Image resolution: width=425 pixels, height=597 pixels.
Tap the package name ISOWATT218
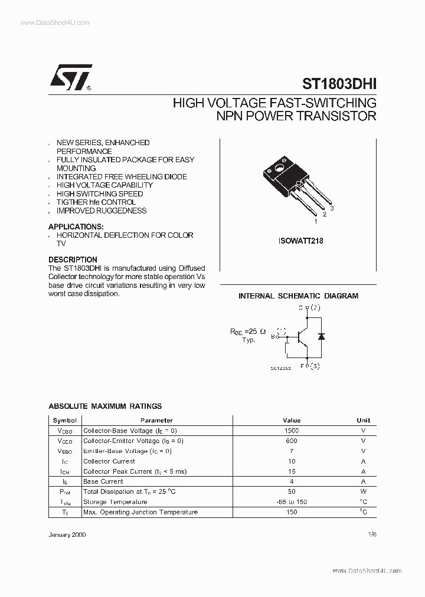pos(300,241)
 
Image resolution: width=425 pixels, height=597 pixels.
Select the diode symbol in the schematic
pos(321,336)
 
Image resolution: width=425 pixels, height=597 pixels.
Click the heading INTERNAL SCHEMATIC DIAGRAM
pos(298,296)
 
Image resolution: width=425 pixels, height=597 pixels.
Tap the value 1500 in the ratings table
pos(292,431)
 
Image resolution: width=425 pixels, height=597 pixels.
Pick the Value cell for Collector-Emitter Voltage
pos(292,441)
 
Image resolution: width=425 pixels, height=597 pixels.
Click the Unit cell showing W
pos(364,491)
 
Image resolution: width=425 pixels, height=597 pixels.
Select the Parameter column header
pos(157,421)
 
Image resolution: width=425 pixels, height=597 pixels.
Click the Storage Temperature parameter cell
pos(116,502)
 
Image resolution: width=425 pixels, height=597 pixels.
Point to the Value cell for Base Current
pos(292,481)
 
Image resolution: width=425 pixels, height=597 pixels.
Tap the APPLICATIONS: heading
pos(76,227)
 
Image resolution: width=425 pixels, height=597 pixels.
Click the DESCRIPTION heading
pos(73,260)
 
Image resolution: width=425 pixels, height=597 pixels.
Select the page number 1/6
pos(371,533)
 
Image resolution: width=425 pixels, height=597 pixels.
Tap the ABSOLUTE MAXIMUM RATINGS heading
pos(104,406)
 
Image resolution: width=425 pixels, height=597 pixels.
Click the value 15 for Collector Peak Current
pos(292,471)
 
